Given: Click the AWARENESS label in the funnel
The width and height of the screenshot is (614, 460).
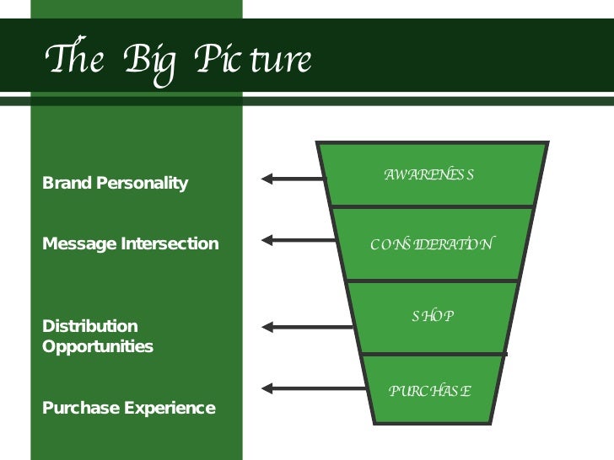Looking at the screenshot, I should pos(429,175).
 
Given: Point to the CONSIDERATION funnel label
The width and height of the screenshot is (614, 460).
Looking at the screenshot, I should pos(432,244).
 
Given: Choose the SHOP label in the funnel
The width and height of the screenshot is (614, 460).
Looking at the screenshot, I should pos(433,316).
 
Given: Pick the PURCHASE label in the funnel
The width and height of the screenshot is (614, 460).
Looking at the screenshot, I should pos(429,391).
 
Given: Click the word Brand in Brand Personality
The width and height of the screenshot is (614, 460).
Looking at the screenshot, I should pos(66,183).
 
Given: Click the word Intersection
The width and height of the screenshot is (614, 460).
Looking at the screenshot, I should pos(167,244).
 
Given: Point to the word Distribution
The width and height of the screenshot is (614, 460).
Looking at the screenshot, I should pos(89,326).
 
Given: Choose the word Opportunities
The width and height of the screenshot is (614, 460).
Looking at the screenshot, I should pos(98,346).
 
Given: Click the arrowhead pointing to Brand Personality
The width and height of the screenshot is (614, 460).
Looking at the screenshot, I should pos(267,178).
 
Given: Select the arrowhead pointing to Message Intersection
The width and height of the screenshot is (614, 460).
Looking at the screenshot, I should pos(267,240).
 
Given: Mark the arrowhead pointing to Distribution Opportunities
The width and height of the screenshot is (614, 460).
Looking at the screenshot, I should pos(267,326).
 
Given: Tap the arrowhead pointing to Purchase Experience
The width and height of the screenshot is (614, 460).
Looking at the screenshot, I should pos(267,388).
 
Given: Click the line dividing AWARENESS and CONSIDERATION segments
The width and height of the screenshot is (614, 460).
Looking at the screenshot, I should pos(432,207).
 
